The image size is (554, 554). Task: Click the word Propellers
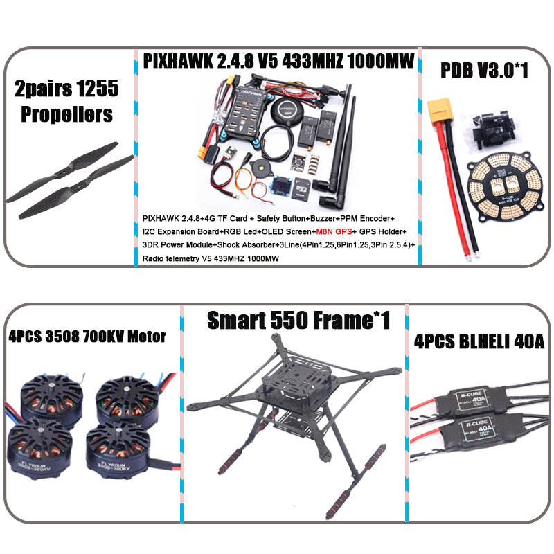[66, 114]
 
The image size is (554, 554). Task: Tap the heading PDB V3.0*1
[484, 70]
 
